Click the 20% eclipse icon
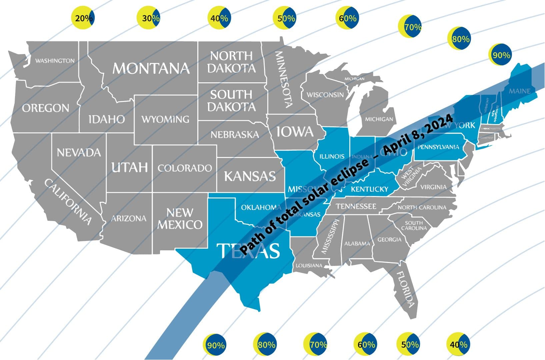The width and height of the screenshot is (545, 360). click(83, 18)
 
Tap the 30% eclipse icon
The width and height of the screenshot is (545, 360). click(149, 18)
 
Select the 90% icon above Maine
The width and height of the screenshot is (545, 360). click(500, 55)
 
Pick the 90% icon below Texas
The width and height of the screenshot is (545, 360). click(215, 345)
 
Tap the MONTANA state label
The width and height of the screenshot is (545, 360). click(151, 68)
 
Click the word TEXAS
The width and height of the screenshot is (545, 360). click(248, 251)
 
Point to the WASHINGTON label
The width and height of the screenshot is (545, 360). click(55, 61)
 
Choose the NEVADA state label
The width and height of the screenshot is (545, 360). click(79, 153)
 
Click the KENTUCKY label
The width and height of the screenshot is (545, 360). click(370, 189)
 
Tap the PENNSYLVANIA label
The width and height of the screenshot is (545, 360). click(438, 147)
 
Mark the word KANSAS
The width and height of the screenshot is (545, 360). click(250, 176)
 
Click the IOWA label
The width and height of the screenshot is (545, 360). click(295, 132)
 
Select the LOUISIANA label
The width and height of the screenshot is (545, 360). click(309, 266)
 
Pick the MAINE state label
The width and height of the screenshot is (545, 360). click(519, 91)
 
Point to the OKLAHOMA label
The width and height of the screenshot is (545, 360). click(261, 207)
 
